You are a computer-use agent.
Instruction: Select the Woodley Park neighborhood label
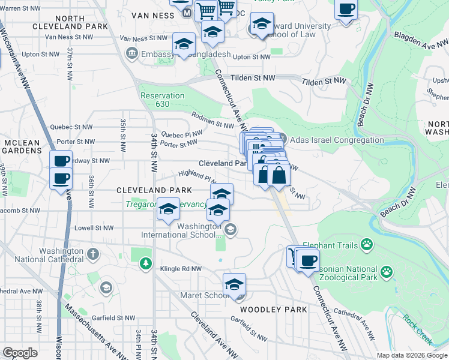pos(273,310)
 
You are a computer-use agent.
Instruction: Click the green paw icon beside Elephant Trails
pos(367,244)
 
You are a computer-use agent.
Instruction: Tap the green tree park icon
pos(145,263)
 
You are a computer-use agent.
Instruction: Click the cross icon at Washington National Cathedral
pos(92,254)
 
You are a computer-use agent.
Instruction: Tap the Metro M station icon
pos(187,12)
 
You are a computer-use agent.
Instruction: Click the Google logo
pos(20,353)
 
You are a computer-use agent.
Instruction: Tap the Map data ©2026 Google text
pos(411,355)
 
